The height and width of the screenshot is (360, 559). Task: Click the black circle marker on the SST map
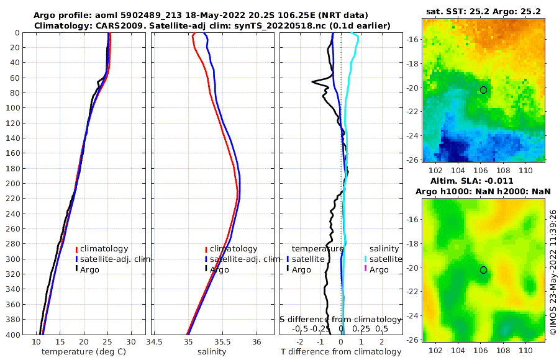pos(483,90)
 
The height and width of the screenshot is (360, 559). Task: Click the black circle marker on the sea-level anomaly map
pos(483,270)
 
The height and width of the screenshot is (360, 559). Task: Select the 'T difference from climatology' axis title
pos(341,352)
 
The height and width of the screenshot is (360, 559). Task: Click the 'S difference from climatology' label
pos(341,319)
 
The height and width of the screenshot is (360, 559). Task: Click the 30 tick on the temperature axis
pos(130,342)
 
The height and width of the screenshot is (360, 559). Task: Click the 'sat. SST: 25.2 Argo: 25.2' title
pos(483,12)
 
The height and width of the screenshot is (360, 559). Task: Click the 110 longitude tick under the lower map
pos(526,350)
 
